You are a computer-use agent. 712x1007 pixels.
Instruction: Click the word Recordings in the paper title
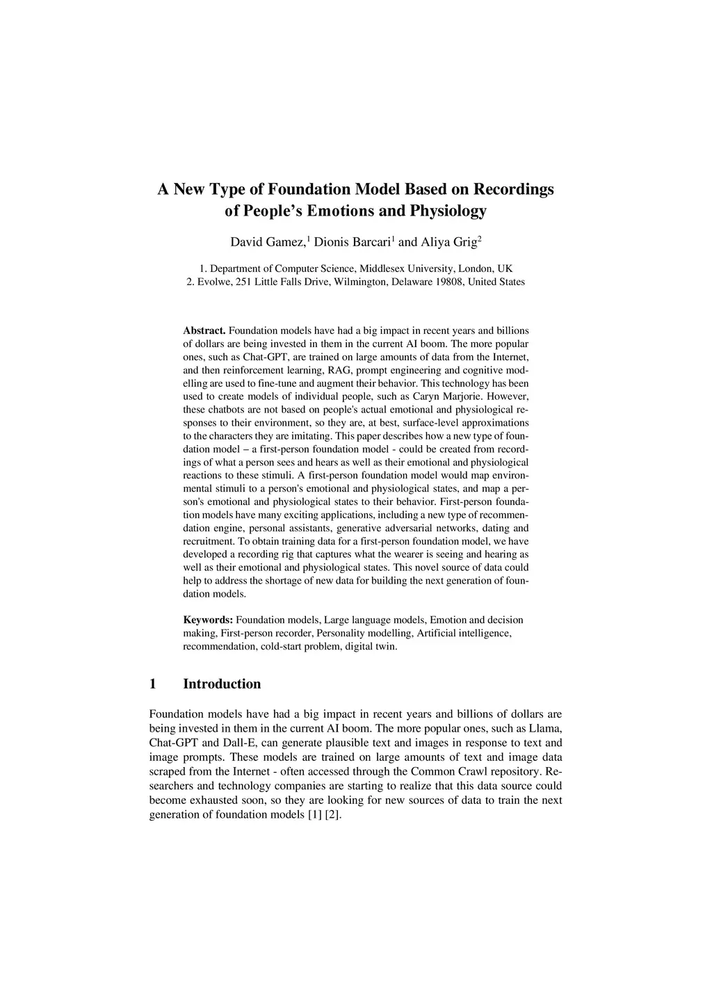(514, 189)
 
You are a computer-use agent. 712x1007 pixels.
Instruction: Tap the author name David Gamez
(268, 243)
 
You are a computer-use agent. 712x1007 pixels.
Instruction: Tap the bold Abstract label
(204, 330)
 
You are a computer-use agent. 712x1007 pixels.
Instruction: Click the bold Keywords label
(208, 620)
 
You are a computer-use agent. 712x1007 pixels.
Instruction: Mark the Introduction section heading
(222, 684)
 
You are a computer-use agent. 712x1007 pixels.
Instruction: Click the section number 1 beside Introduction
(153, 684)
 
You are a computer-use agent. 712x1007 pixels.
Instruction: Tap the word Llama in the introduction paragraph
(545, 728)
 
